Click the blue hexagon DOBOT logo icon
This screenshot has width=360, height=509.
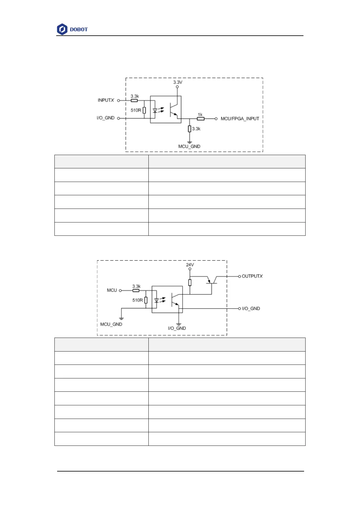(62, 29)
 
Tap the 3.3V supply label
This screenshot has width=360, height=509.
(178, 82)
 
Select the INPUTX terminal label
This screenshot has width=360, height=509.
(106, 100)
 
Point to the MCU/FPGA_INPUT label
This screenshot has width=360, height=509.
(240, 119)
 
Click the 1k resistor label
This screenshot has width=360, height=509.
(200, 115)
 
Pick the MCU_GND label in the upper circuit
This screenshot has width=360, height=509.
(189, 146)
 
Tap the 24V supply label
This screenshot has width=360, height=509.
(190, 265)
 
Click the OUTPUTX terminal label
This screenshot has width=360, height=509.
(252, 276)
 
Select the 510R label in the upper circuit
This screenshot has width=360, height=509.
(136, 110)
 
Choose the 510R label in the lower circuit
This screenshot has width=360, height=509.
(138, 300)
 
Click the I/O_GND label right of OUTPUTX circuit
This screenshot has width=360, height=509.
(251, 309)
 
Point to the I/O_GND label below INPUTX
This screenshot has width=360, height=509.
(105, 118)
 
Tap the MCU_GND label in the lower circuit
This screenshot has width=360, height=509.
(111, 324)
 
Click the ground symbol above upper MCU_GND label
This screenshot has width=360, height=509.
(190, 142)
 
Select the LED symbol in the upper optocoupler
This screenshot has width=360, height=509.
(155, 111)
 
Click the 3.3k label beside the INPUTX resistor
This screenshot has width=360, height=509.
(135, 96)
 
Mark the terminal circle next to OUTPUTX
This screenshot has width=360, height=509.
(239, 276)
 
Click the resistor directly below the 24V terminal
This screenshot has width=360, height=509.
(190, 283)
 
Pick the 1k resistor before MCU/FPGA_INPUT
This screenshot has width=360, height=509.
(201, 119)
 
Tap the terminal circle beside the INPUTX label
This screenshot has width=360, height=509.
(118, 100)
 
